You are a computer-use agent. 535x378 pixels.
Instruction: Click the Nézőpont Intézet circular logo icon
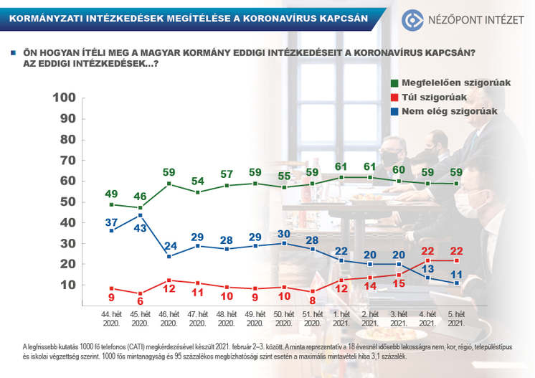point(415,19)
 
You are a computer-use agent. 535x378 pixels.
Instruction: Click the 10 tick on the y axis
point(68,285)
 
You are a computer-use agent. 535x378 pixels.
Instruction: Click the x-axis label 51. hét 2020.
point(311,318)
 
